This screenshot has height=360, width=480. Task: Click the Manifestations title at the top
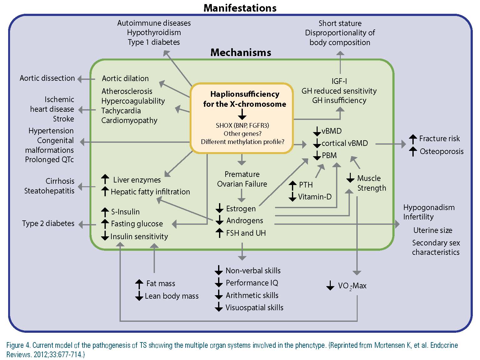240,8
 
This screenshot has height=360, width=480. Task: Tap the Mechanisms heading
241,53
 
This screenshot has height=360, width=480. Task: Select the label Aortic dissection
47,78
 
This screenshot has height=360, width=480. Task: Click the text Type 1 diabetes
154,42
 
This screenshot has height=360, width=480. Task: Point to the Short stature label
340,23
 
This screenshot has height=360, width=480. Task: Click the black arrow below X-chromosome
242,114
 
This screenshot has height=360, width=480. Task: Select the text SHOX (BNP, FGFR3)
242,125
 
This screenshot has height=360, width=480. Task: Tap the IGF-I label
339,81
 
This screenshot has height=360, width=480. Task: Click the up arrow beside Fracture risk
413,139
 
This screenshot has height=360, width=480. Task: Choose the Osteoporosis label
442,151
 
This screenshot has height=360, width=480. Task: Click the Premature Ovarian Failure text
242,179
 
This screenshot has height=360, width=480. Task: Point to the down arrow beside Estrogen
219,208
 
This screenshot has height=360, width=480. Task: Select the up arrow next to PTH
292,185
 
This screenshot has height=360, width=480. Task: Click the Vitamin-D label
315,197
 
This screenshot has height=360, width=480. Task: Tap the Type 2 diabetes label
48,223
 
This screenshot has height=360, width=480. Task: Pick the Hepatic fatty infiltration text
150,192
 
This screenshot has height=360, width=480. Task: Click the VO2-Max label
352,285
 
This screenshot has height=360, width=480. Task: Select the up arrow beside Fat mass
139,284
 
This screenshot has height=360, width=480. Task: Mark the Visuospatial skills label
254,308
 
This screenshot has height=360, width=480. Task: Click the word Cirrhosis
60,181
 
